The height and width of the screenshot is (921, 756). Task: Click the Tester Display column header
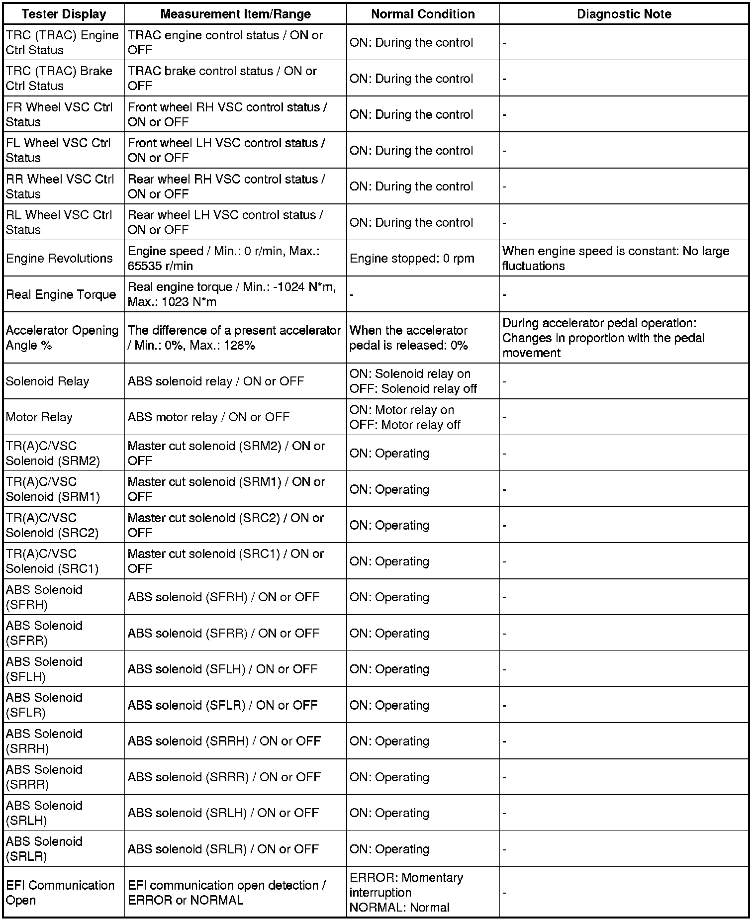(64, 14)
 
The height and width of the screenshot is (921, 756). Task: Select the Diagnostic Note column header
(624, 14)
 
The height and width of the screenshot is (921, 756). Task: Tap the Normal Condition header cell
(423, 14)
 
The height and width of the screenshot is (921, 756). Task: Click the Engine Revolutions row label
(59, 259)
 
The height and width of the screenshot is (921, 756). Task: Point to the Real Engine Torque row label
(61, 294)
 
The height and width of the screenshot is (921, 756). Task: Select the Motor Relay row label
(39, 417)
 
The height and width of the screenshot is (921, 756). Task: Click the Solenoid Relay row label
(47, 381)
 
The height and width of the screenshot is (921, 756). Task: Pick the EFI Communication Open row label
(60, 893)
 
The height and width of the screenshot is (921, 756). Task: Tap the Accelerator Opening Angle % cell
(62, 338)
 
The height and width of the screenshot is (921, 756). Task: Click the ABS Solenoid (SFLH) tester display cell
(44, 669)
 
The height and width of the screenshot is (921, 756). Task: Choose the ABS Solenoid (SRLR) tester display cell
(44, 849)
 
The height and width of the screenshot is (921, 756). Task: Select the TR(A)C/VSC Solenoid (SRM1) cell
(53, 489)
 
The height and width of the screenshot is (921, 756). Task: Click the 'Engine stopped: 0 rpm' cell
(412, 259)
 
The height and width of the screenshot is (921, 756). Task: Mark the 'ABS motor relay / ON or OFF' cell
(208, 417)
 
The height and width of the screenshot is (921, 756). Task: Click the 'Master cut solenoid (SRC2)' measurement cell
(226, 525)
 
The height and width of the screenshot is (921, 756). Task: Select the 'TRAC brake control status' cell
(222, 79)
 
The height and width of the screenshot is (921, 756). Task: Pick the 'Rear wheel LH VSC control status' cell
(225, 222)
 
